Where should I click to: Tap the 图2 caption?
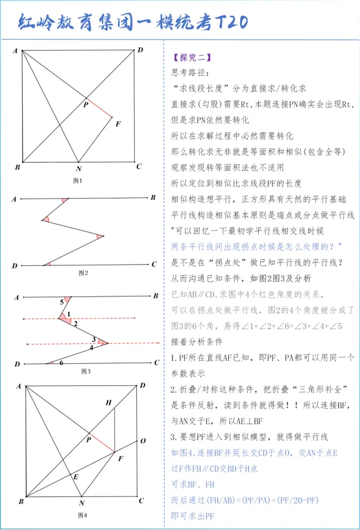[x=82, y=273]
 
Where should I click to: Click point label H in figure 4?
[x=109, y=403]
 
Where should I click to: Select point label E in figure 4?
[x=76, y=476]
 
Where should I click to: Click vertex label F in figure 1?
[x=117, y=121]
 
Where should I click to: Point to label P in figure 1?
[x=85, y=103]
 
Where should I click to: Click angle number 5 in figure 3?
[x=62, y=302]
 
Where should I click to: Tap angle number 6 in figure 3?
[x=61, y=363]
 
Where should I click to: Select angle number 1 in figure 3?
[x=67, y=315]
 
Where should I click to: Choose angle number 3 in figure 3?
[x=93, y=339]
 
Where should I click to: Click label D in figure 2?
[x=14, y=265]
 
